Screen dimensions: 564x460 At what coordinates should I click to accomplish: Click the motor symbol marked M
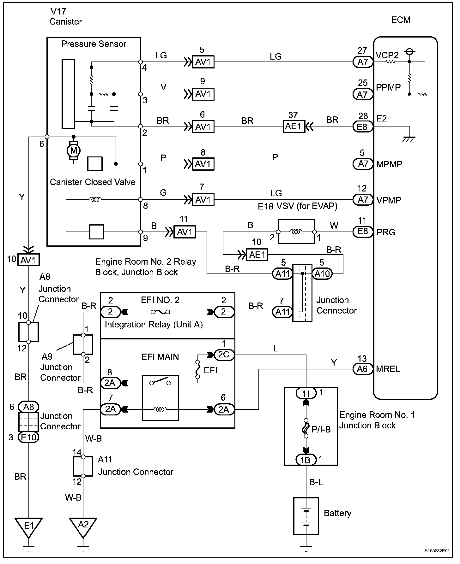point(74,151)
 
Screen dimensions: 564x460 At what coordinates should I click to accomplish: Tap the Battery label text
point(337,513)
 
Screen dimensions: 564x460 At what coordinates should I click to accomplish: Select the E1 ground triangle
point(29,526)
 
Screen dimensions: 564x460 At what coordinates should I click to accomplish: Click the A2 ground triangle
point(83,526)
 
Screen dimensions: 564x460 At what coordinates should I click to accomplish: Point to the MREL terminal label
point(388,369)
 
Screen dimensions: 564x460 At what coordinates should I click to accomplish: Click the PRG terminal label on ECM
point(386,232)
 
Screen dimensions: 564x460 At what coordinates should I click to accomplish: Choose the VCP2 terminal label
point(387,55)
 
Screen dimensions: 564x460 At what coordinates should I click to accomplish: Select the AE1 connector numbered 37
point(294,126)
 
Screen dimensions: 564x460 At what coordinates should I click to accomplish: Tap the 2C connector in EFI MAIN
point(224,355)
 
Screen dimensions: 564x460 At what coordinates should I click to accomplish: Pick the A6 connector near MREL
point(363,369)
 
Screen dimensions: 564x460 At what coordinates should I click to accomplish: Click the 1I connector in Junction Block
point(306,393)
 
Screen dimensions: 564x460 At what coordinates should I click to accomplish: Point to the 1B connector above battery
point(306,460)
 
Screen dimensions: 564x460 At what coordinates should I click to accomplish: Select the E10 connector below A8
point(29,437)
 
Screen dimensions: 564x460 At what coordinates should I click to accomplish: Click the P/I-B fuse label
point(321,429)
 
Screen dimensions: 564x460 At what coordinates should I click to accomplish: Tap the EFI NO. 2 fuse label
point(160,300)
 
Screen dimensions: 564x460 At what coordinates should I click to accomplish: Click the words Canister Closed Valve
point(93,182)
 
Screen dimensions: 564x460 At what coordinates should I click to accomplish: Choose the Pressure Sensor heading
point(94,44)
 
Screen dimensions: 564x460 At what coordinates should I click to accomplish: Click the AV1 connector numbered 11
point(185,232)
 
